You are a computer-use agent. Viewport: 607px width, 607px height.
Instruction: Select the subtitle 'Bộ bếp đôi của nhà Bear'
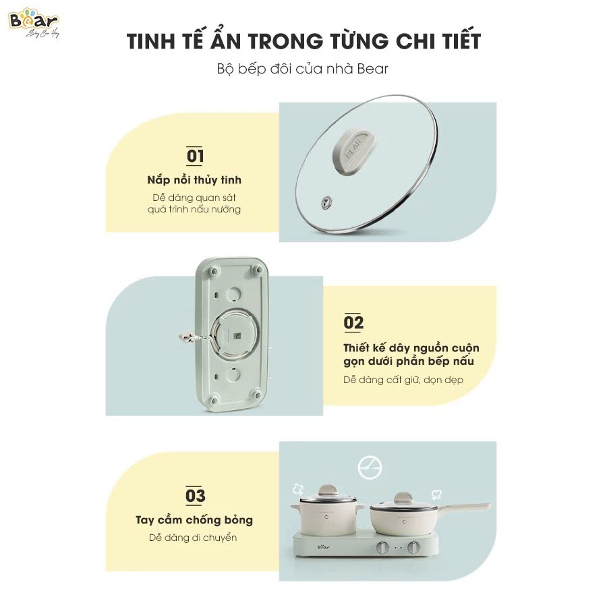tap(303, 69)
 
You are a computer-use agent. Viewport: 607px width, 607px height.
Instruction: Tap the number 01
tap(195, 156)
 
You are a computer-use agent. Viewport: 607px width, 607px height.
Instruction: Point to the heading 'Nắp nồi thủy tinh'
tap(194, 180)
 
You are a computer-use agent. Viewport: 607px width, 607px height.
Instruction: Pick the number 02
tap(353, 323)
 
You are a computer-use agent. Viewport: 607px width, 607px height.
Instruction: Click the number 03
tap(195, 496)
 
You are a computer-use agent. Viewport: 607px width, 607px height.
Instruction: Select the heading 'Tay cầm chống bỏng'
tap(194, 520)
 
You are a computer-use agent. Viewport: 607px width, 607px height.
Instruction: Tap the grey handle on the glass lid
tap(355, 146)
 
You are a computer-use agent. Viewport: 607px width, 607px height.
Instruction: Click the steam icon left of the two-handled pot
tap(297, 488)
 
